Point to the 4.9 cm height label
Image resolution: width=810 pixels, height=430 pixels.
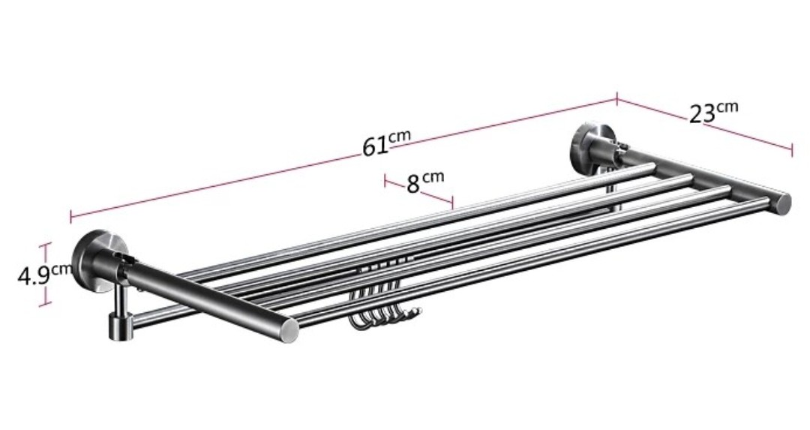(x=44, y=274)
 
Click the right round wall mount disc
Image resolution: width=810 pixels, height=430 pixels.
(x=586, y=147)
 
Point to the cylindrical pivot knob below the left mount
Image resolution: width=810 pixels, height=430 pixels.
(x=118, y=324)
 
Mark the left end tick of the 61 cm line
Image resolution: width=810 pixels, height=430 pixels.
(x=71, y=216)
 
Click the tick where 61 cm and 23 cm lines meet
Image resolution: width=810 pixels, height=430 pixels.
(x=616, y=98)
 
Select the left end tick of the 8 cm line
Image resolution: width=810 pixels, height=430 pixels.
(x=385, y=180)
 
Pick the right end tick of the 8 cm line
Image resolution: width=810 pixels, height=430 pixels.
(x=453, y=203)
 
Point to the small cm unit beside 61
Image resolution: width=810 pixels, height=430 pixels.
(x=400, y=135)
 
